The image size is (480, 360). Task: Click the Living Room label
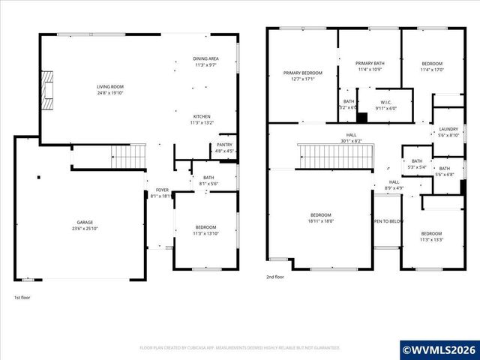coord(109,87)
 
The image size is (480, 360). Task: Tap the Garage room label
coord(84,223)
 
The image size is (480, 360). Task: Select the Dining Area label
coord(205,58)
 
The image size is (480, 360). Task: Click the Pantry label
coord(224,145)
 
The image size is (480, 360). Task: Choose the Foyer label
coord(162,190)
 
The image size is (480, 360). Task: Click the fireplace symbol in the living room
coord(49,86)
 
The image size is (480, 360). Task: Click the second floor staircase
coord(335,157)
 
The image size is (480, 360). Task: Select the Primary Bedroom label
coord(302,73)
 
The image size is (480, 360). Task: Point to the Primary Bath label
coord(369,64)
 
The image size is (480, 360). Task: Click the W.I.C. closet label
coord(386,101)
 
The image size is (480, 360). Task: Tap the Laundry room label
coord(448,129)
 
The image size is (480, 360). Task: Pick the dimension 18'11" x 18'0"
coord(320,221)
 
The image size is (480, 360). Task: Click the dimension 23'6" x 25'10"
coord(84,229)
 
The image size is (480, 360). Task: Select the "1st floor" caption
coord(23,298)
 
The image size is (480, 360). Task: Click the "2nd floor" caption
coord(275,277)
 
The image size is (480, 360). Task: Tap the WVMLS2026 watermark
coord(439,349)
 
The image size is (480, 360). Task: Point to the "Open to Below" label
coord(389,221)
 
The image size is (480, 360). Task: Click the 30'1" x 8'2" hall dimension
coord(351,140)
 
